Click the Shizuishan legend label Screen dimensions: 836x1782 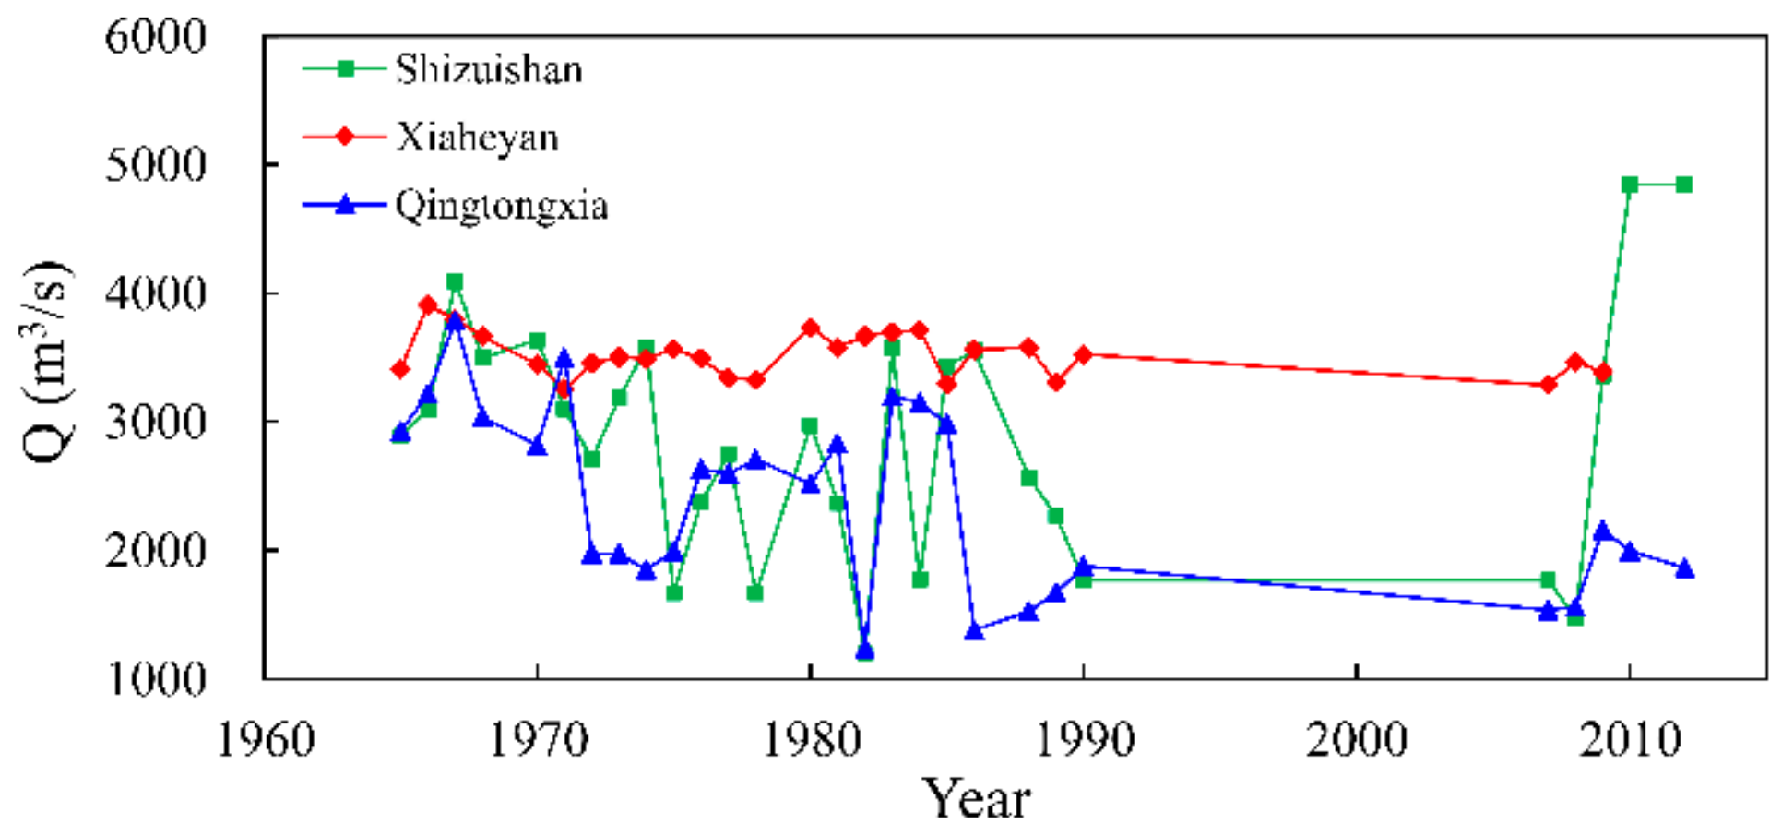[489, 69]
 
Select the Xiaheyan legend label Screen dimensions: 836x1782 [477, 137]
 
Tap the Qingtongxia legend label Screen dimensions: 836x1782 [502, 205]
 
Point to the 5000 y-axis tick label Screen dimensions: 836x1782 [155, 165]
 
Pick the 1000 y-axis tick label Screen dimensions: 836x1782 [155, 679]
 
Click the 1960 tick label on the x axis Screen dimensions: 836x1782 [266, 740]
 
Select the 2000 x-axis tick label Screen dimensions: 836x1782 [1356, 740]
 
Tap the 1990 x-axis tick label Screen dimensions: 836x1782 [1084, 740]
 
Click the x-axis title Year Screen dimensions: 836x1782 [976, 799]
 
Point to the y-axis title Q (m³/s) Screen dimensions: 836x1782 [46, 360]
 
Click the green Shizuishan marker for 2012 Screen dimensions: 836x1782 [1684, 185]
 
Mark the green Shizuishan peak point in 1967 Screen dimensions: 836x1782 [455, 281]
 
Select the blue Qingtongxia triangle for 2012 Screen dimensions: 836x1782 [1684, 568]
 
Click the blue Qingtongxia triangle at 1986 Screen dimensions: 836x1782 [974, 631]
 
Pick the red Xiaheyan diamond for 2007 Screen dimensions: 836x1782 [1549, 384]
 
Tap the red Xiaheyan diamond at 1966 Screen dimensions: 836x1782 [428, 305]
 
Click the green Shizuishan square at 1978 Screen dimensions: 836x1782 [755, 592]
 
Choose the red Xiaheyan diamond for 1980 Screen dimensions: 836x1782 [810, 328]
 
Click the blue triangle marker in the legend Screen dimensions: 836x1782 [345, 205]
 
